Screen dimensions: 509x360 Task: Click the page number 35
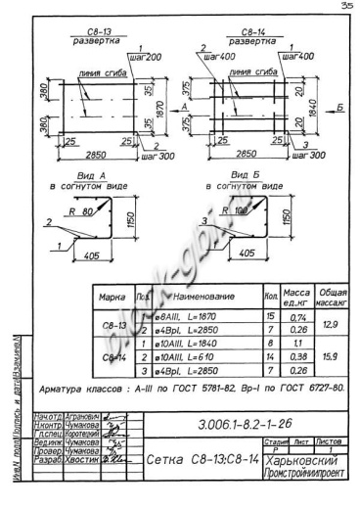(x=346, y=6)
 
